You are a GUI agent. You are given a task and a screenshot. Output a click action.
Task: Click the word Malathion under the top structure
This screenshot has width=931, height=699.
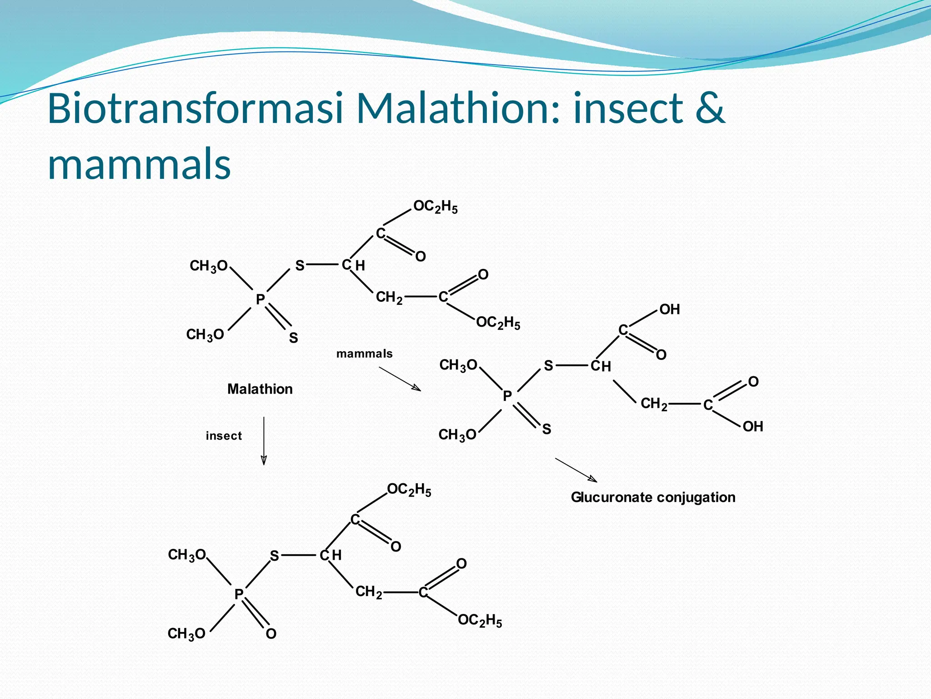pos(260,389)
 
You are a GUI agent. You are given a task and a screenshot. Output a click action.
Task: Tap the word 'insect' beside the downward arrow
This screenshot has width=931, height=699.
pos(224,436)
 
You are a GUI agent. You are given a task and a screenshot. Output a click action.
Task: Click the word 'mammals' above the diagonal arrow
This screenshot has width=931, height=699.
pos(364,354)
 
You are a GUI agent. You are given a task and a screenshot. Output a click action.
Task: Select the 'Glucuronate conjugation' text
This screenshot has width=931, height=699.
pos(653,497)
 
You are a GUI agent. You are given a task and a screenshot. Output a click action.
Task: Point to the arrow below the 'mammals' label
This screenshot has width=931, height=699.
pos(400,379)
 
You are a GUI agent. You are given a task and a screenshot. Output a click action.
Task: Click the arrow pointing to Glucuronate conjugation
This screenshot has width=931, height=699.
pos(576,470)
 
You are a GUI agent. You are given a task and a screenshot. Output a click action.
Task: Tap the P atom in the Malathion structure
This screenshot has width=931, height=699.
pos(260,299)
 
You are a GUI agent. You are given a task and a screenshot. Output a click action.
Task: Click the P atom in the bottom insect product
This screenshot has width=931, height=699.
pos(239,594)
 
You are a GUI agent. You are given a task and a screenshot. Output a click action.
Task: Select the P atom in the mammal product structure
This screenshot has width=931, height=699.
pos(507,396)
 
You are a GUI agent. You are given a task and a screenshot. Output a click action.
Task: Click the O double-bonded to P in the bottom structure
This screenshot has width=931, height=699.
pos(271,634)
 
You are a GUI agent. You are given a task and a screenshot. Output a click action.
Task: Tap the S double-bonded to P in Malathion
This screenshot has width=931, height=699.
pos(293,338)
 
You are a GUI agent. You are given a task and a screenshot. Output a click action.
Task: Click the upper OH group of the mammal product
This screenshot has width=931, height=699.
pos(670,309)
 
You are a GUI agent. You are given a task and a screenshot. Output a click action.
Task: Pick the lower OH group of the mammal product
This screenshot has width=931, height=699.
pos(753,426)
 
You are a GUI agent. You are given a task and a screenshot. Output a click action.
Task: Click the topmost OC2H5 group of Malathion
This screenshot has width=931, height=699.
pos(435,207)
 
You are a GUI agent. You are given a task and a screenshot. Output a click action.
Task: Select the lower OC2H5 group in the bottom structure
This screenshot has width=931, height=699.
pos(480,620)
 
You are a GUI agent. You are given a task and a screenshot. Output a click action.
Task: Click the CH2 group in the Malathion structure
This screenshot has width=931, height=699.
pos(389,298)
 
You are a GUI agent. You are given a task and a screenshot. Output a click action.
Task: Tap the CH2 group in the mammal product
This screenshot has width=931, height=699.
pos(654,404)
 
